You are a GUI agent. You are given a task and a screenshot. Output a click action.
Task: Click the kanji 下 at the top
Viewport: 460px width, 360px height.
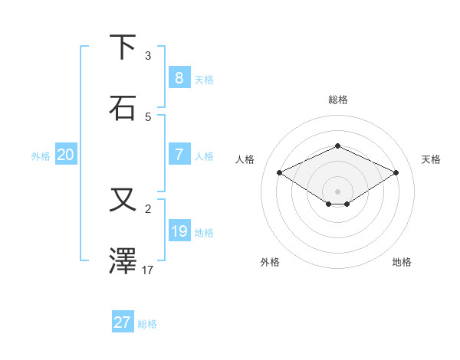click(x=123, y=47)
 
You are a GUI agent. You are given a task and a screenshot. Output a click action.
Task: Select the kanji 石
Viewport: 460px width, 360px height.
click(x=123, y=108)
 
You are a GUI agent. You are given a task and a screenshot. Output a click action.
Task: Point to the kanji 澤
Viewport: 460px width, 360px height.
click(x=123, y=261)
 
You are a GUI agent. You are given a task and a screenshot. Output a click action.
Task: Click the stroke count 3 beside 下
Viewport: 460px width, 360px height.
click(x=148, y=56)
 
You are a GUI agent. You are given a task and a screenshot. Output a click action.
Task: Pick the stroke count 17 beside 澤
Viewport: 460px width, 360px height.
click(x=148, y=270)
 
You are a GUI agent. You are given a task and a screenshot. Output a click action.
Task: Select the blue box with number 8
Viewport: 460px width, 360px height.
click(x=179, y=77)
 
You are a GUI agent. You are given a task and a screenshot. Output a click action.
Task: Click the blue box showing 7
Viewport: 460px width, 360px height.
click(x=179, y=154)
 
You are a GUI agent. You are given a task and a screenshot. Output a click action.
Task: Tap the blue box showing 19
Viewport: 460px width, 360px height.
click(x=179, y=231)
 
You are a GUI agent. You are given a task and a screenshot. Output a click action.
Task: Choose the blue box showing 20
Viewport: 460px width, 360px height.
click(x=65, y=155)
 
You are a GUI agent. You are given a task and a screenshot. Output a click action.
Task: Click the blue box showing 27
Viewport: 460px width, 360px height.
click(x=122, y=322)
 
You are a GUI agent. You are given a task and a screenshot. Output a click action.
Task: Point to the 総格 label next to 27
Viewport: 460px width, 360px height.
click(x=147, y=324)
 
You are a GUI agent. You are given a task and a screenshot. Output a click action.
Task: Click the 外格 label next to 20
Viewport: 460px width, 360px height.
click(x=41, y=156)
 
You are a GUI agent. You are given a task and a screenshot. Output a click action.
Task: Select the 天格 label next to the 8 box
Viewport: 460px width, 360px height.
click(x=203, y=79)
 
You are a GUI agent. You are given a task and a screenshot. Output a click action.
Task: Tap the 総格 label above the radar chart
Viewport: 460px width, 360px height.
click(x=337, y=100)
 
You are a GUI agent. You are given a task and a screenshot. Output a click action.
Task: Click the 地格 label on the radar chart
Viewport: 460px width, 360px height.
click(x=402, y=262)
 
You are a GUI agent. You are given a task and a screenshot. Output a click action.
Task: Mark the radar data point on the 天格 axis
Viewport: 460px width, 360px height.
click(x=396, y=173)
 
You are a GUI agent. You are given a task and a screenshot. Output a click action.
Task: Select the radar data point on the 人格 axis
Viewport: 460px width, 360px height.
click(x=280, y=173)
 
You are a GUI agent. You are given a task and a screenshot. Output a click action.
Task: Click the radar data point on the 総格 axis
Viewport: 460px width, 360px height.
click(x=337, y=145)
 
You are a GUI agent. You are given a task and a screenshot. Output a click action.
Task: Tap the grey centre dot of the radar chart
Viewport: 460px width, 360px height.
click(x=337, y=191)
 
